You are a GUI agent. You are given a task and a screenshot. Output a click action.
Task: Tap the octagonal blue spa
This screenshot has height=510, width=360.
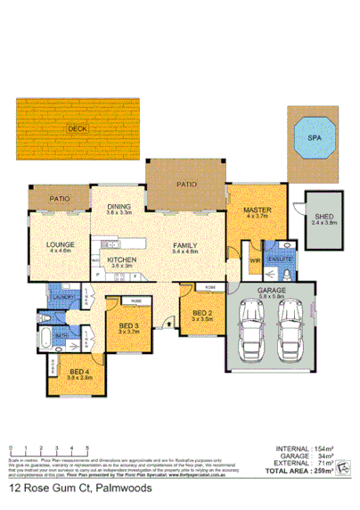pyautogui.click(x=315, y=139)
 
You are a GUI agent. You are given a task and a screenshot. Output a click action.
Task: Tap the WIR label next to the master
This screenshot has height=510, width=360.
pyautogui.click(x=254, y=261)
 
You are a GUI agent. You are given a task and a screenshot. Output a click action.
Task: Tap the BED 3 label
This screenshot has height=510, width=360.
pyautogui.click(x=129, y=325)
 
